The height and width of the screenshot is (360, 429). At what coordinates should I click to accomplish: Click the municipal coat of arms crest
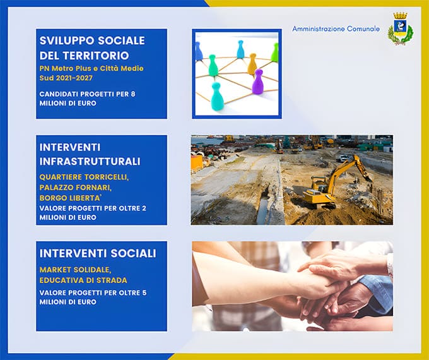pos(400,29)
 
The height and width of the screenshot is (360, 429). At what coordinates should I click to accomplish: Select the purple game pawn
pos(257,81)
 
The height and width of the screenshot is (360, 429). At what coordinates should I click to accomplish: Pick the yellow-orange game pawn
pos(252,63)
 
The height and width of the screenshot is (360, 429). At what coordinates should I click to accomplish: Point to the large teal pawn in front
pos(217,97)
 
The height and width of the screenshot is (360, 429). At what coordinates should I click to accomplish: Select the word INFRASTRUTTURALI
pos(90,161)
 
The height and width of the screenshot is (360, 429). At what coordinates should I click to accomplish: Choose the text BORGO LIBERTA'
pos(73,198)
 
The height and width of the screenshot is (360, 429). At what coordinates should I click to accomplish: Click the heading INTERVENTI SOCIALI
pos(98,253)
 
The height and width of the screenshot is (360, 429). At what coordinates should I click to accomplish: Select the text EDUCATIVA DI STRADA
pos(83,280)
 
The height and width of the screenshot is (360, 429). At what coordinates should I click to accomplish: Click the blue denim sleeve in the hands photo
pos(379,291)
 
